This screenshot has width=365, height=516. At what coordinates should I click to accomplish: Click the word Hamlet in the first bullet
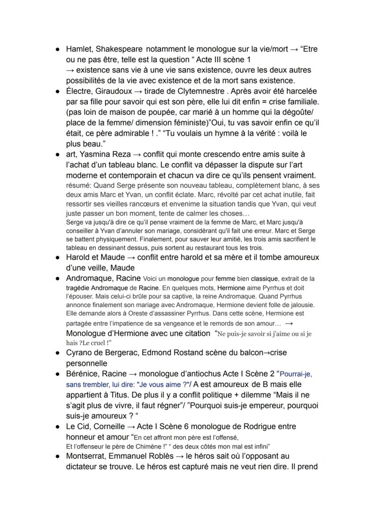78,49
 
